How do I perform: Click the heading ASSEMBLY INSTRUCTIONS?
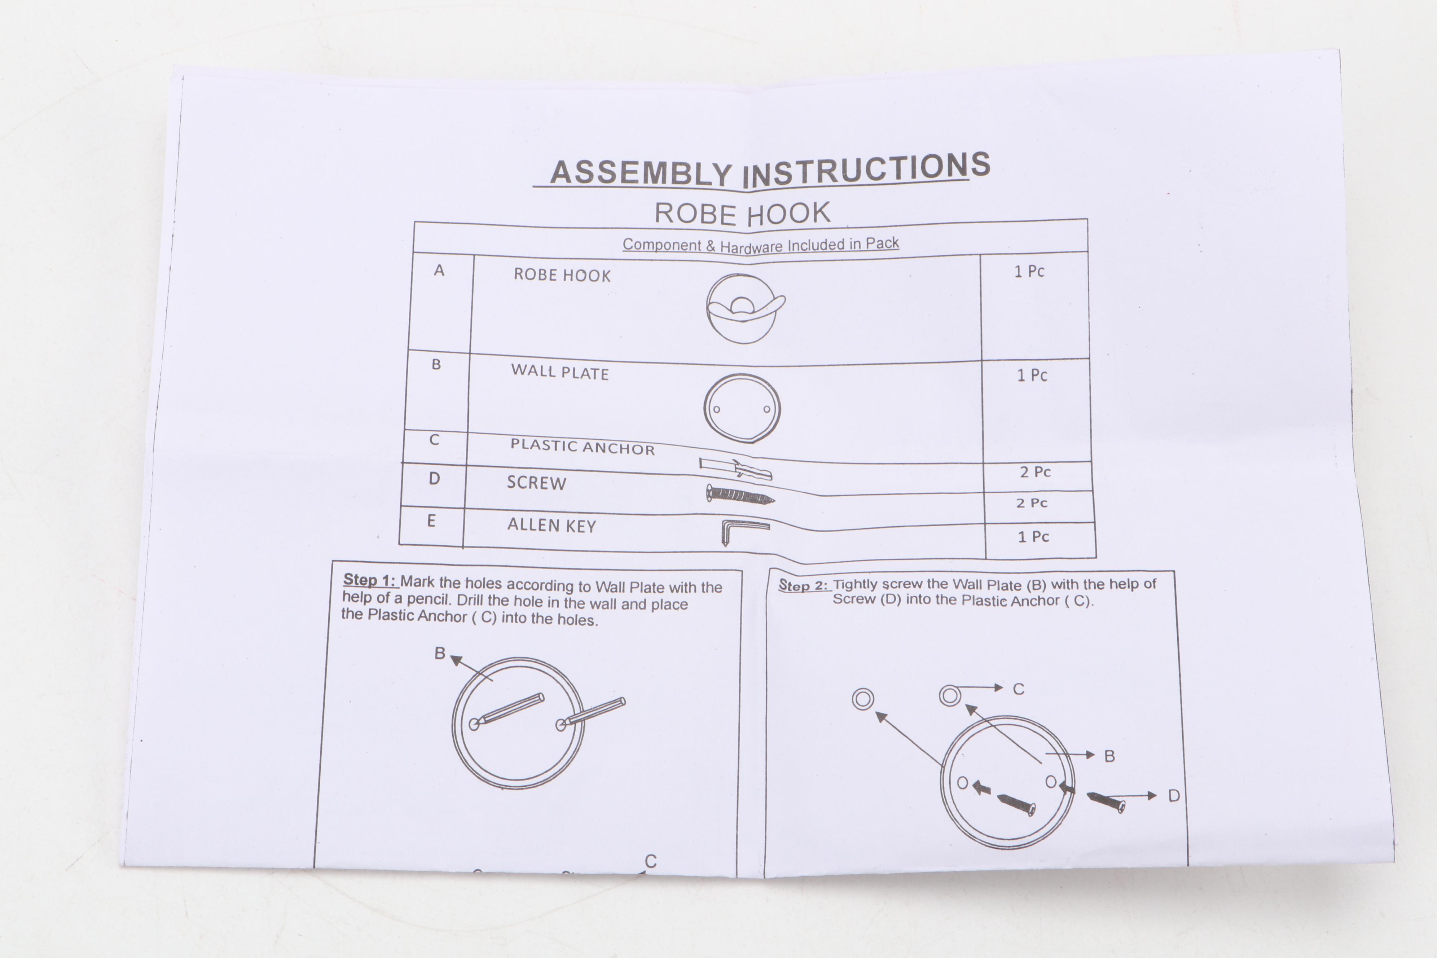(x=770, y=170)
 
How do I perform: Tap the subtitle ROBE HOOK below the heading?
(x=742, y=214)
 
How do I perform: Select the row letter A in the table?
(x=439, y=271)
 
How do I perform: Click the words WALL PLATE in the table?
(x=560, y=372)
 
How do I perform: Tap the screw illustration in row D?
(x=740, y=494)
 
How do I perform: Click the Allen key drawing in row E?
(x=744, y=530)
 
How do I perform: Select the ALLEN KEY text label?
(x=551, y=526)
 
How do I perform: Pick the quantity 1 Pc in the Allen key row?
(x=1033, y=537)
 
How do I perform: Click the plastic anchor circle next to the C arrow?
(x=949, y=695)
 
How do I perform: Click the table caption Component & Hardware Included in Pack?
(x=761, y=245)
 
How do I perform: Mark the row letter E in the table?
(x=431, y=520)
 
